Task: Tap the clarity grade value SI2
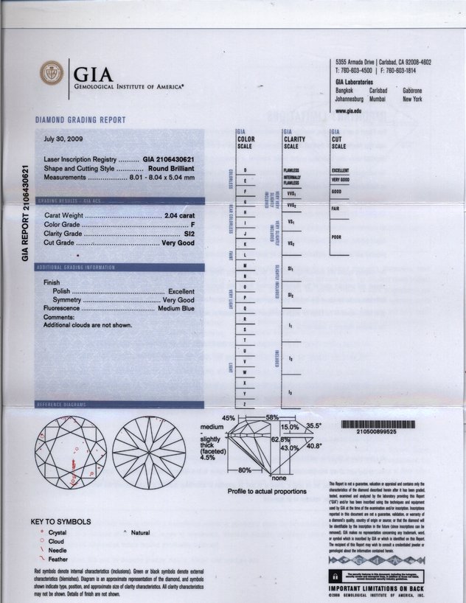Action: (x=189, y=233)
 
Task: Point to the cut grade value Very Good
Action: (x=178, y=243)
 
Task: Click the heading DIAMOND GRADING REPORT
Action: (x=80, y=120)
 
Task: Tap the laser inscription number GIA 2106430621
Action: (x=169, y=158)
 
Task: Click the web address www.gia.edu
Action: (x=348, y=110)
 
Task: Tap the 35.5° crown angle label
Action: (x=315, y=426)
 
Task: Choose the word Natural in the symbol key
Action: (x=140, y=532)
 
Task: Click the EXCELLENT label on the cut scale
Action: (x=341, y=170)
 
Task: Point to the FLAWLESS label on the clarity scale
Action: (x=291, y=170)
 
